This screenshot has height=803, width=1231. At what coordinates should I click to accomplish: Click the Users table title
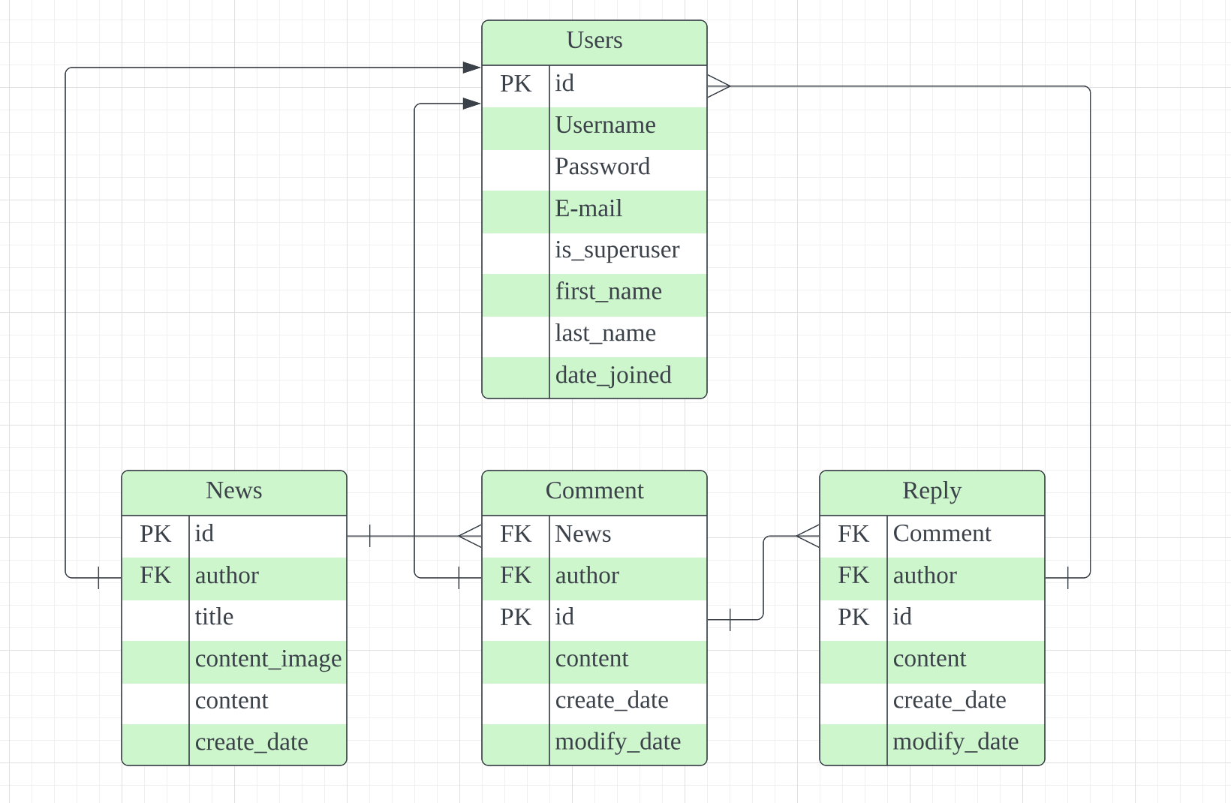[x=594, y=41]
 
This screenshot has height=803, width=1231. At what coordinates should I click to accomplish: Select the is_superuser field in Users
[x=617, y=250]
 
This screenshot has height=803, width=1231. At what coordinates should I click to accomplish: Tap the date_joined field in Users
[x=613, y=375]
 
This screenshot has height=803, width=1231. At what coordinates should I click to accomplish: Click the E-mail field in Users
[x=588, y=209]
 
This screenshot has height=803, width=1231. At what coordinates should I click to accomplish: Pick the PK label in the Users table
[x=516, y=84]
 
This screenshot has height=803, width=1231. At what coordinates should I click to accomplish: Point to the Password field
[x=602, y=167]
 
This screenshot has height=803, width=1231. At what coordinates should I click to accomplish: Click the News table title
[x=233, y=491]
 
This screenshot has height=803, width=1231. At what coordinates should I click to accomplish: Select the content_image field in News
[x=268, y=659]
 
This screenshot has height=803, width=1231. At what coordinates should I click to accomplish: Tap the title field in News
[x=214, y=617]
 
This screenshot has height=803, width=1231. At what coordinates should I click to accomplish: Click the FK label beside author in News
[x=155, y=576]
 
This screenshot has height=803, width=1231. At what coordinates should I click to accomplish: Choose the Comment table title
[x=594, y=491]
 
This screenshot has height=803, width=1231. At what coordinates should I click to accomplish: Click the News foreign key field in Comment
[x=583, y=534]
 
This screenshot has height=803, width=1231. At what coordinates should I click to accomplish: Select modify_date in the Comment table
[x=618, y=741]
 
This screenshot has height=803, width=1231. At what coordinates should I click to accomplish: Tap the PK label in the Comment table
[x=516, y=617]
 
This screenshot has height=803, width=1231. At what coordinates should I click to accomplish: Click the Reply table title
[x=932, y=491]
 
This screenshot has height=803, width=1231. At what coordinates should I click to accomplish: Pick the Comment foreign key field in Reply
[x=942, y=534]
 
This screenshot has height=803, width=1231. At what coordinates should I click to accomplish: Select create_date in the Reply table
[x=950, y=700]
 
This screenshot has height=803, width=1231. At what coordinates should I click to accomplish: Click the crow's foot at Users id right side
[x=718, y=86]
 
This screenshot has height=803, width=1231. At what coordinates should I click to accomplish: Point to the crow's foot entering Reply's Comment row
[x=808, y=536]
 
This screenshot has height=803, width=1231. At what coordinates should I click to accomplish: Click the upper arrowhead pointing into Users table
[x=472, y=68]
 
